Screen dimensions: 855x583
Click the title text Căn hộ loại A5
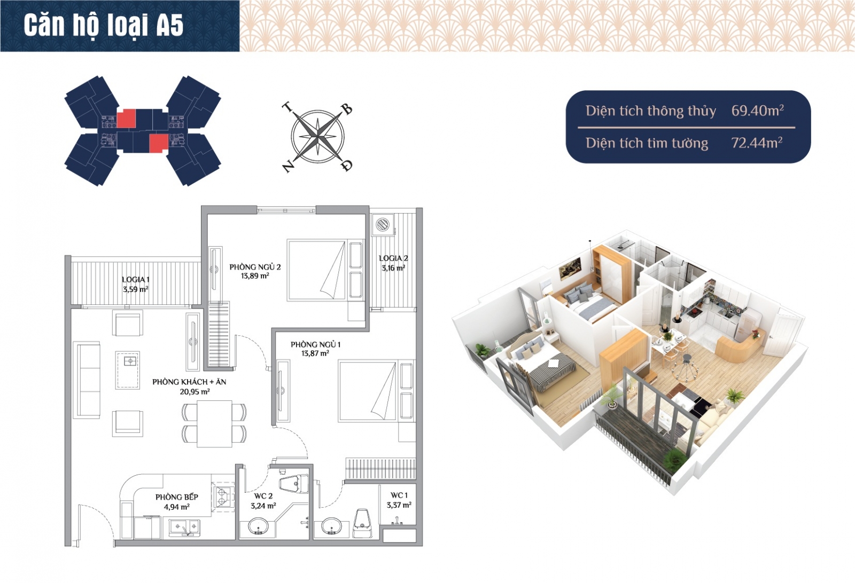(104, 25)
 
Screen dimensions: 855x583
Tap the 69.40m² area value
(757, 111)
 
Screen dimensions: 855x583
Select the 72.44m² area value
(757, 143)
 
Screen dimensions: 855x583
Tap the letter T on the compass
(287, 107)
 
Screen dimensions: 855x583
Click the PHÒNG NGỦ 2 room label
(255, 267)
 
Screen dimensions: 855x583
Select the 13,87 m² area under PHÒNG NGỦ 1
(315, 353)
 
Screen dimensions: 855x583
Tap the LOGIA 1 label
(136, 280)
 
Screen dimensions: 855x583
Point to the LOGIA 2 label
(393, 258)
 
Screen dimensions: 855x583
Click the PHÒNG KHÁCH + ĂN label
(189, 382)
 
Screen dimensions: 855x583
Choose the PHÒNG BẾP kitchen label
(177, 497)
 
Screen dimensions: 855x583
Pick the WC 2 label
(263, 496)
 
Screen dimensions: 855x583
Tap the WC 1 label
(399, 495)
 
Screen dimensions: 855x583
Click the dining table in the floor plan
(214, 423)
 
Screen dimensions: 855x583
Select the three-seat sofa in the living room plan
(87, 380)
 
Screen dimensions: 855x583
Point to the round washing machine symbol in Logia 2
(383, 224)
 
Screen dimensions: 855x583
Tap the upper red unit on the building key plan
(126, 119)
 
